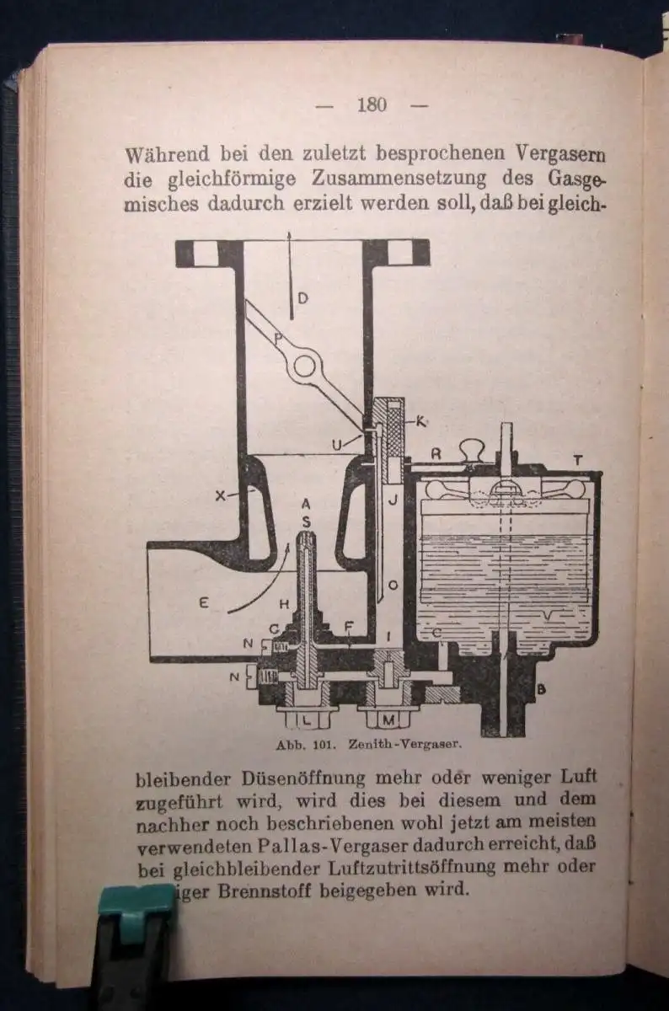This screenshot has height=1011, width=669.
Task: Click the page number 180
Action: coord(372,104)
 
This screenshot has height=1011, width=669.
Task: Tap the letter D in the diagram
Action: coord(302,298)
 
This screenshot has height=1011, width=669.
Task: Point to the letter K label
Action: coord(420,421)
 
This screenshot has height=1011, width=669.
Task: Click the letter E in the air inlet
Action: coord(204,602)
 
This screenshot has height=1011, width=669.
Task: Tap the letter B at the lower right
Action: coord(540,689)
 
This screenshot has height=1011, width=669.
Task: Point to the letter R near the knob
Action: coord(436,452)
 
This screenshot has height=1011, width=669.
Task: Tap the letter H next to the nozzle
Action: coord(285,603)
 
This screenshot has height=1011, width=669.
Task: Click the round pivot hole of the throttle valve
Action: coord(305,365)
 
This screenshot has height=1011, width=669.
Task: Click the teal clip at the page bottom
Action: coord(135,910)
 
